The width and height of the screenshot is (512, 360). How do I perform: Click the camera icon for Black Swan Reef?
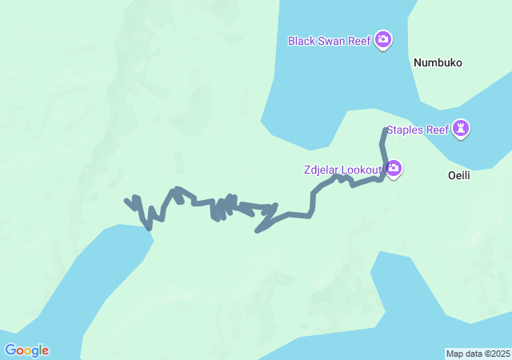coord(383,39)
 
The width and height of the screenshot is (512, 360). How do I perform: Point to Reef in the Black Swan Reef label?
coord(360,40)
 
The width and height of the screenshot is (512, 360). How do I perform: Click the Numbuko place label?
coord(438,62)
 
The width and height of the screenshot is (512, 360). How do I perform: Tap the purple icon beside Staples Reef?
coord(461,128)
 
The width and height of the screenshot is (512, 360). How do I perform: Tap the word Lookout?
coord(362,170)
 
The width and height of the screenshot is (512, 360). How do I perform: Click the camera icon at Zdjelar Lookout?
coord(394,168)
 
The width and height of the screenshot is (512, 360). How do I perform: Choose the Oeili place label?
coord(457,176)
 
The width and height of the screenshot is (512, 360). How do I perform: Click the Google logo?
coord(26,350)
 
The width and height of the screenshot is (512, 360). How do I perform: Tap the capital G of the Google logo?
coord(10,350)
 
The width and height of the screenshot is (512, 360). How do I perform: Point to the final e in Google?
coord(45,350)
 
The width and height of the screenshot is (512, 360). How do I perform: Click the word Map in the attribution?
coord(454,354)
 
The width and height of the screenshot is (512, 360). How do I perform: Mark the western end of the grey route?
coord(126,200)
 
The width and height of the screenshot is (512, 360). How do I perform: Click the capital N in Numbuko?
coord(418,62)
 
